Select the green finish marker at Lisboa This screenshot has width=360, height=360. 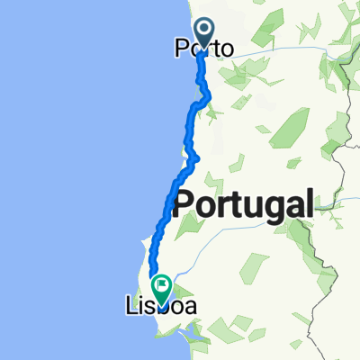coord(162,290)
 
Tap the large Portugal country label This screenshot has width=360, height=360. coord(244,204)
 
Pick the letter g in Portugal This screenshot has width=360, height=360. coord(266,208)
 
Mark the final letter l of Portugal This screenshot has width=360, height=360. coord(309,202)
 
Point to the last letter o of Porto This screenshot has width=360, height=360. coord(227,51)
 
